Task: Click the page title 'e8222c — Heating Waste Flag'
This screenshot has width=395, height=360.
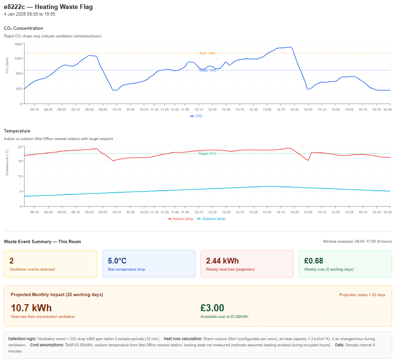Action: (x=48, y=7)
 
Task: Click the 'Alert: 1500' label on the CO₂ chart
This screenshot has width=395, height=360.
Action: (x=207, y=53)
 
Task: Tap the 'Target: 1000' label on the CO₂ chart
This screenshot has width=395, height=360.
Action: (x=207, y=70)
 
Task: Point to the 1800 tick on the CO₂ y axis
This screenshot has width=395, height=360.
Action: (x=18, y=44)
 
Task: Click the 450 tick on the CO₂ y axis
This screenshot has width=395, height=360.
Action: (x=19, y=88)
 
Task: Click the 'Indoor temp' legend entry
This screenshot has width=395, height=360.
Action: (x=181, y=219)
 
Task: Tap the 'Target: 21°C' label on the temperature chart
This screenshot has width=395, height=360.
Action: (x=207, y=154)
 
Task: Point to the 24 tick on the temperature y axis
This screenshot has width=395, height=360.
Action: (x=20, y=147)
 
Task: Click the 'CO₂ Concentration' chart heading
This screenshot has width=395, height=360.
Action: (x=23, y=28)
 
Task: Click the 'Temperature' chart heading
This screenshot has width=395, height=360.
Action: (x=17, y=131)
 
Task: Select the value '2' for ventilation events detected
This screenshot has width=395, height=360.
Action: (x=11, y=261)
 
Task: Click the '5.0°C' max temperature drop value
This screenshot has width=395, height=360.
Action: (x=117, y=261)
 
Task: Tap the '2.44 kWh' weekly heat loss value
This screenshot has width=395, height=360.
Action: (x=222, y=261)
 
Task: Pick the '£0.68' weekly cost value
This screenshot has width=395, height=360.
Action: (x=314, y=261)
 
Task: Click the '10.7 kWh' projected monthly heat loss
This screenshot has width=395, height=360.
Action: (x=31, y=308)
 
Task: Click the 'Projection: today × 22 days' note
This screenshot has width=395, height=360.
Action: (x=362, y=295)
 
